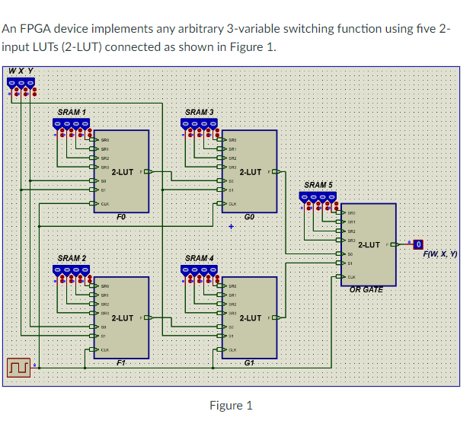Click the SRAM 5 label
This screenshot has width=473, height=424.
(x=318, y=185)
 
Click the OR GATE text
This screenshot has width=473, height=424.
(x=366, y=289)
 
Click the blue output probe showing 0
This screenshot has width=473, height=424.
(x=417, y=244)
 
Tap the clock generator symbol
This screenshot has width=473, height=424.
(x=18, y=367)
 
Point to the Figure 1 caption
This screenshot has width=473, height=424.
(x=230, y=405)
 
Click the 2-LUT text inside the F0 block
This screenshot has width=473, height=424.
(x=123, y=172)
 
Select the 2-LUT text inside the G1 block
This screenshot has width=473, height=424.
(x=251, y=318)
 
